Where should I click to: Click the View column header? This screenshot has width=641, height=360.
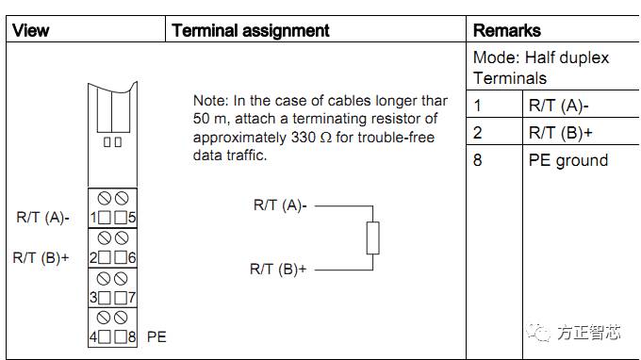[x=30, y=30]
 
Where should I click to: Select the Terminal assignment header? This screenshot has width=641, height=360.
[x=251, y=30]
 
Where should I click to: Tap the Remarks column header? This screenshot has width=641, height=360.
[x=507, y=30]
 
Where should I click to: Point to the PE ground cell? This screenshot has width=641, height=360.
[x=567, y=160]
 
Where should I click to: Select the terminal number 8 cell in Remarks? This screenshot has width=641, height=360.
[x=478, y=160]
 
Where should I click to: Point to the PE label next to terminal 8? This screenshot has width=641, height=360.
[x=157, y=335]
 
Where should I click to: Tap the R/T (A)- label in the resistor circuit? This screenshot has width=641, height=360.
[x=280, y=205]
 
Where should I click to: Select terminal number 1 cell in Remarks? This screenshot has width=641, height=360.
[x=477, y=106]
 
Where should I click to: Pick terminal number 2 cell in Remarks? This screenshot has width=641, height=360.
[x=478, y=133]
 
